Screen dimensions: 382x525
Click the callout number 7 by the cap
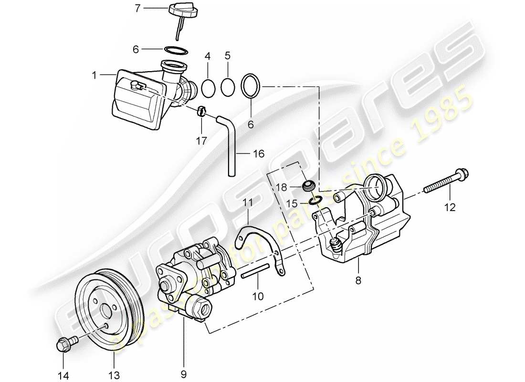pyautogui.click(x=137, y=9)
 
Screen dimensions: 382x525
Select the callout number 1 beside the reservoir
pyautogui.click(x=94, y=75)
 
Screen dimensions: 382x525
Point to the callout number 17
pyautogui.click(x=201, y=141)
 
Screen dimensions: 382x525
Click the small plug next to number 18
pyautogui.click(x=309, y=185)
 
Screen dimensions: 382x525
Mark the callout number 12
pyautogui.click(x=450, y=208)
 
